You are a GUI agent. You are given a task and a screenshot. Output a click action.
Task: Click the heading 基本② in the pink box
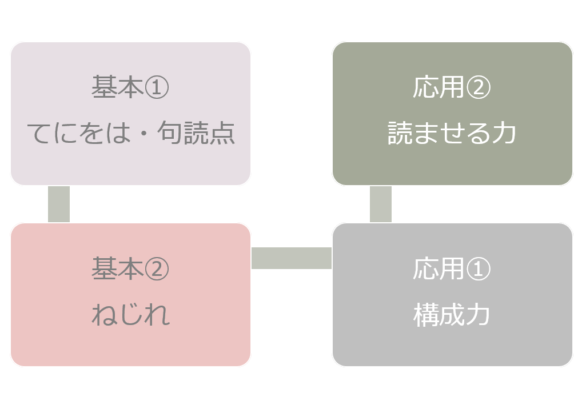[130, 269]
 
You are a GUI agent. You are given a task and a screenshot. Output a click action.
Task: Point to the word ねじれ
[130, 315]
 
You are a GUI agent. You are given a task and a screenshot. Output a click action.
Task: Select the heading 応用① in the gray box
[452, 269]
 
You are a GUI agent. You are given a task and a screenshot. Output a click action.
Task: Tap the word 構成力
[452, 315]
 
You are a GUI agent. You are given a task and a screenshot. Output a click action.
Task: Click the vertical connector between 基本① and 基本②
[59, 204]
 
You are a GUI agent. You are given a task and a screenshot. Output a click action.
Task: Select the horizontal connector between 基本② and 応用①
[292, 258]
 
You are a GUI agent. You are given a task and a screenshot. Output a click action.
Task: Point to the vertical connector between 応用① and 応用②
[381, 204]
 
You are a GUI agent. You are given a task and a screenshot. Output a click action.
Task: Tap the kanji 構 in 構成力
[426, 315]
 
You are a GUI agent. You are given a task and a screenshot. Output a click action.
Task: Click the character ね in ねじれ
[104, 315]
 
